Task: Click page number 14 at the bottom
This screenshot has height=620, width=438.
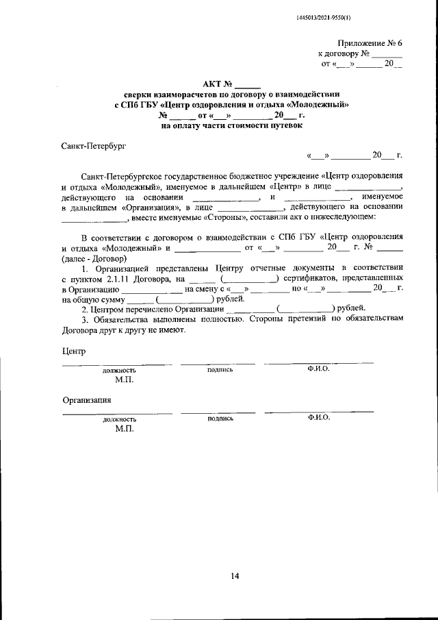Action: (234, 575)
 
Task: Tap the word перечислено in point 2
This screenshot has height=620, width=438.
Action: (150, 308)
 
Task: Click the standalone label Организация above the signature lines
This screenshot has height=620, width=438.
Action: (87, 399)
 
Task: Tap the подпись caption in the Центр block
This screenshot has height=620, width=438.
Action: (220, 369)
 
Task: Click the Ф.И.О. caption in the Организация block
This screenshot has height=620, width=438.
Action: (319, 417)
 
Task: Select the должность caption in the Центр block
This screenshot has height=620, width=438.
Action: (120, 370)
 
